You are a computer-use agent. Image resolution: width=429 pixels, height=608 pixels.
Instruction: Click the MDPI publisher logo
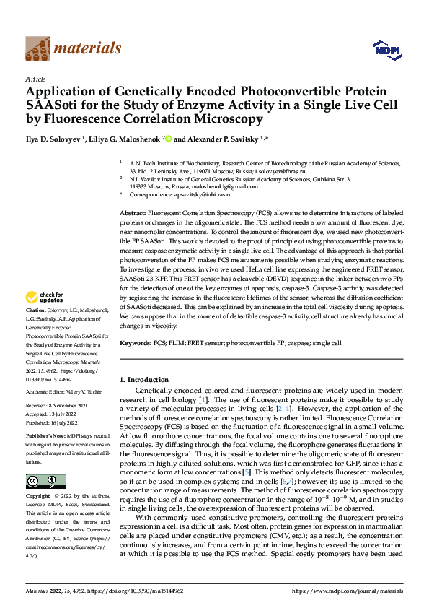pos(382,49)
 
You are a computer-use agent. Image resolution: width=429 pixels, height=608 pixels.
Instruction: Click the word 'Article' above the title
pos(35,78)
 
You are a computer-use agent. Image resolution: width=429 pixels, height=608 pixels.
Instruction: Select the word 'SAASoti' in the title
pos(53,105)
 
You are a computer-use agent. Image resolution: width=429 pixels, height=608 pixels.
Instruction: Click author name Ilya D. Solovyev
pos(56,138)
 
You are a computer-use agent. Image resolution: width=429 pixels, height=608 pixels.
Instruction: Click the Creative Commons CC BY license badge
pos(45,481)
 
